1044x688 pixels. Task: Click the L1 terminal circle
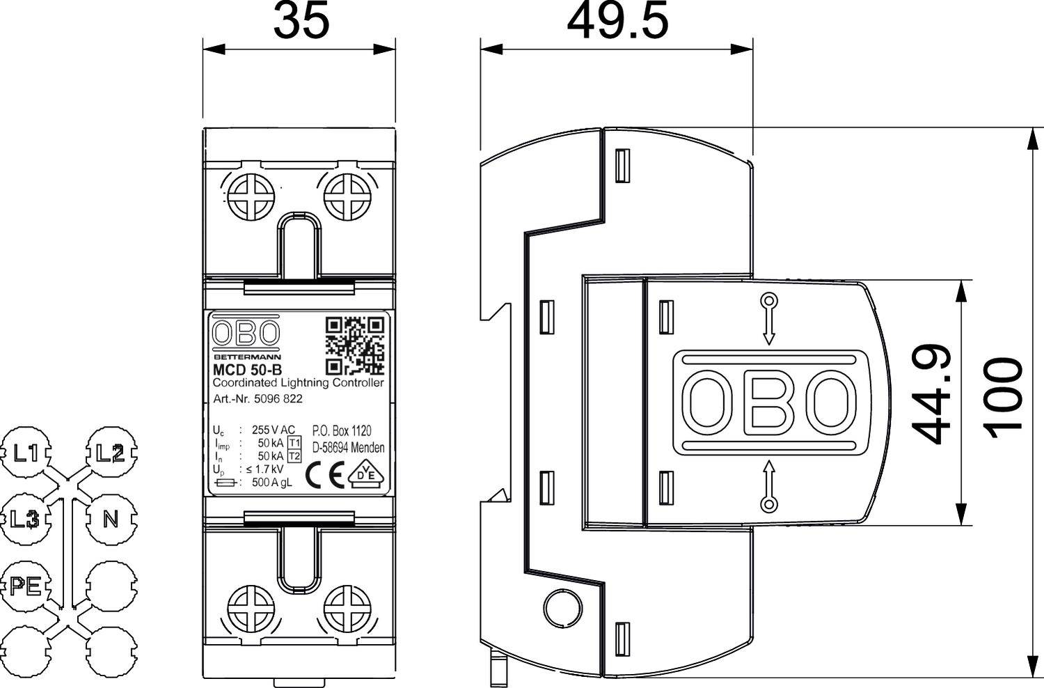pos(26,454)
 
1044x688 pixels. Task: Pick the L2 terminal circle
pos(111,454)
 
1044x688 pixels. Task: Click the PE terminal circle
pos(26,586)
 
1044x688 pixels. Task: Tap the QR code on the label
pos(355,345)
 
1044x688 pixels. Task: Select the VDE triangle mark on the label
pos(366,474)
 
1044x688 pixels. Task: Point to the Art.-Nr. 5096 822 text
pos(258,399)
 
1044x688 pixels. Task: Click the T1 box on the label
pos(294,443)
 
